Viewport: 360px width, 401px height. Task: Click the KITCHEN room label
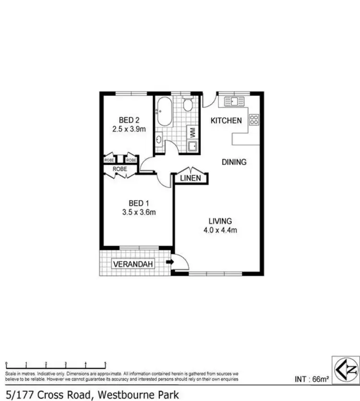226,121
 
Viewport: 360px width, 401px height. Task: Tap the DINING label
234,162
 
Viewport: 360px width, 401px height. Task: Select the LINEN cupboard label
191,178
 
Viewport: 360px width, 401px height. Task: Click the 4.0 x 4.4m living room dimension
220,230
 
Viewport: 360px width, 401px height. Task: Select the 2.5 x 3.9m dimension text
129,129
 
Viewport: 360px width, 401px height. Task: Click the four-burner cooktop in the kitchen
254,120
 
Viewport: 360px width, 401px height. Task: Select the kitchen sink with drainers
235,101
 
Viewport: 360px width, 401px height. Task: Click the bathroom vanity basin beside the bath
159,140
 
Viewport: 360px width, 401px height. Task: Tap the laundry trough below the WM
192,146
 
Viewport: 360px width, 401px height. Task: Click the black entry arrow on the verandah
169,262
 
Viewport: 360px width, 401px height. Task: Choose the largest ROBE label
120,169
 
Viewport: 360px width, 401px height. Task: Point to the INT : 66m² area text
312,379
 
